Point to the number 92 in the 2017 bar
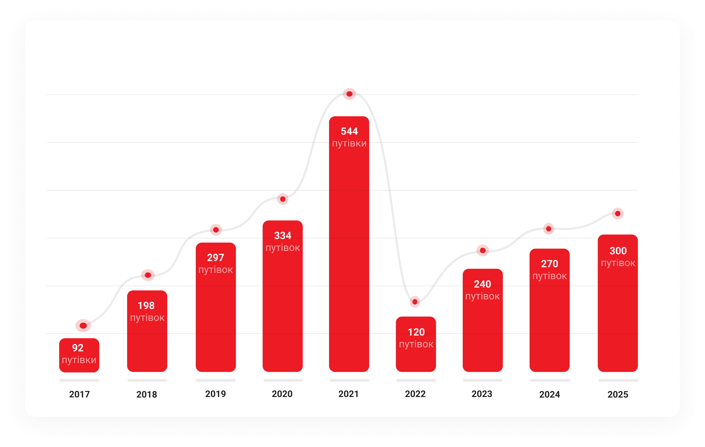point(78,348)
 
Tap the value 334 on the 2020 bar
point(283,236)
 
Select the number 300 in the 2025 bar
point(618,251)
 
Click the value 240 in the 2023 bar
point(482,284)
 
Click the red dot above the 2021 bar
point(349,94)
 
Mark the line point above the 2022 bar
point(415,302)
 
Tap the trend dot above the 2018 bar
point(148,275)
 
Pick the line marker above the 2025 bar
point(618,214)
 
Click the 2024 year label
point(550,395)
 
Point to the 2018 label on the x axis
point(147,395)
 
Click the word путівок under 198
point(147,318)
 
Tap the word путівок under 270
point(550,276)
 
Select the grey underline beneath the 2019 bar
point(216,380)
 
